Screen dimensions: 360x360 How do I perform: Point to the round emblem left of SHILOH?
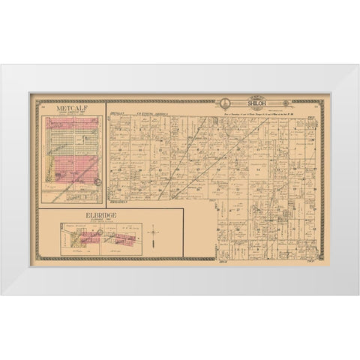(x=223, y=103)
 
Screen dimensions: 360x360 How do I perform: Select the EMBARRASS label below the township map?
(x=118, y=202)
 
